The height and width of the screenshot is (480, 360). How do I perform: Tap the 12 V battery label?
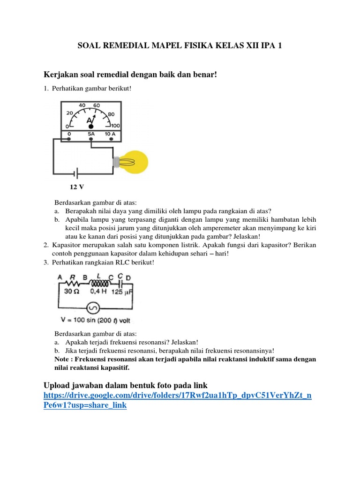(x=77, y=187)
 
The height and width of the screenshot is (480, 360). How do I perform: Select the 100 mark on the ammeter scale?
(x=115, y=126)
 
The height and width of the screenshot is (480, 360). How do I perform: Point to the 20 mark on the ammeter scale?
(x=70, y=113)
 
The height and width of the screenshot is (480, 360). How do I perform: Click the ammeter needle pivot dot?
(x=91, y=127)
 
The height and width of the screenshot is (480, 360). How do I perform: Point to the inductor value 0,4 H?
(x=97, y=291)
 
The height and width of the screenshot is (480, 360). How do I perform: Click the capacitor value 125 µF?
(x=122, y=291)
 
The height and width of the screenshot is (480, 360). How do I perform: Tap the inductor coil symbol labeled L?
(x=98, y=284)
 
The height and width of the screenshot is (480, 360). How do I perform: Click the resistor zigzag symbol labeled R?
(x=72, y=284)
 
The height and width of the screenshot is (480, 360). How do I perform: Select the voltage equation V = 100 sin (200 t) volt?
(x=96, y=321)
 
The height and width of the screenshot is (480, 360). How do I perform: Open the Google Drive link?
(x=177, y=400)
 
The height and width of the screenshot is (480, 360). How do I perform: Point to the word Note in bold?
(x=63, y=359)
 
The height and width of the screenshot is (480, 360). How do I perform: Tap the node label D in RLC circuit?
(x=128, y=277)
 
